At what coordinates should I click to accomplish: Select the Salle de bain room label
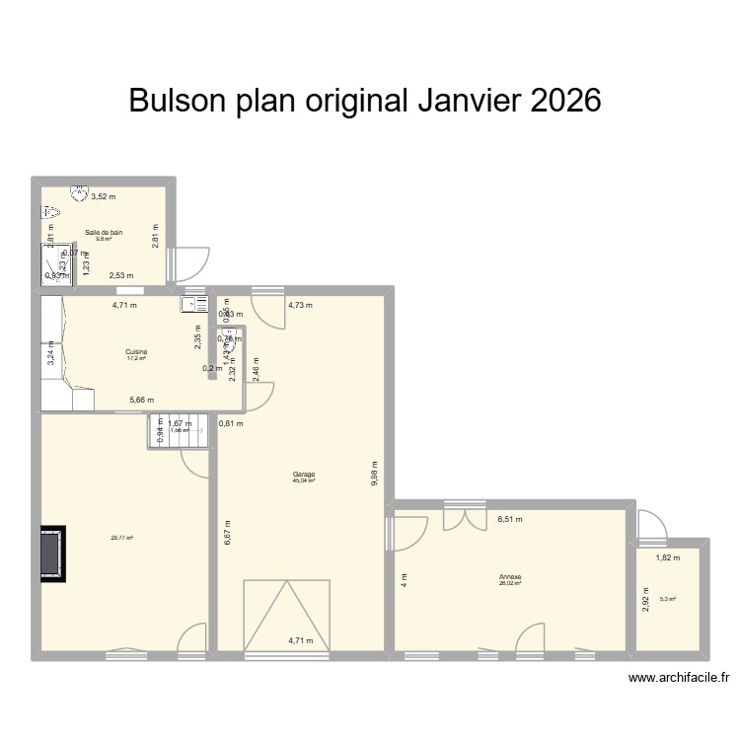point(104,233)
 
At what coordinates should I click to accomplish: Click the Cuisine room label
point(136,351)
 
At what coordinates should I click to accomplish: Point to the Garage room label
point(303,475)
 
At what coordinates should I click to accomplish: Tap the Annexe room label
point(510,577)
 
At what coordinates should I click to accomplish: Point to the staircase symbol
point(180,432)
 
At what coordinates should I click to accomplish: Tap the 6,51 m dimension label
point(509,519)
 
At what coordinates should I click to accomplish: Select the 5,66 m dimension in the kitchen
point(143,400)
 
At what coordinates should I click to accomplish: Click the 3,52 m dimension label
point(104,196)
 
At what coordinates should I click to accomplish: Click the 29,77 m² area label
point(121,538)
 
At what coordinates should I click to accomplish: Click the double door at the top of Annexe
point(465,518)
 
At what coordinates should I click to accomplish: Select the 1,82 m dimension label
point(667,558)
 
